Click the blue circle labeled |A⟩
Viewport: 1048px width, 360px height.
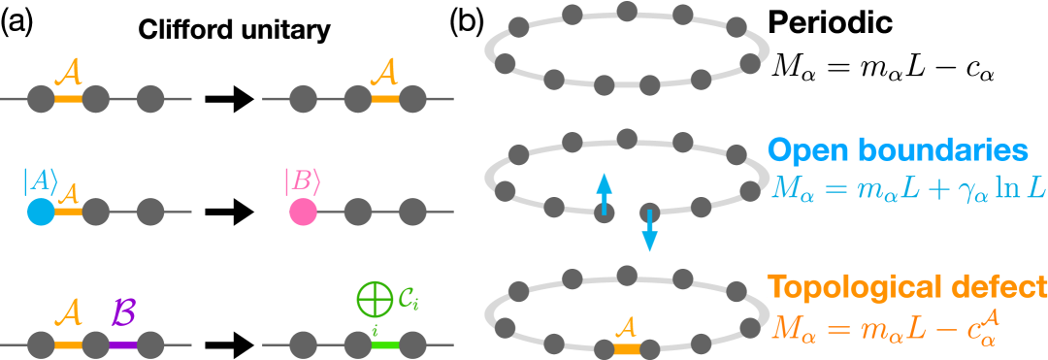[x=40, y=212]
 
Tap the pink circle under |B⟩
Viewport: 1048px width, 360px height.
[x=303, y=212]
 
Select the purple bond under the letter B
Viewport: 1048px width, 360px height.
[x=123, y=344]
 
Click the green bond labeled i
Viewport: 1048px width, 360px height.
[x=386, y=344]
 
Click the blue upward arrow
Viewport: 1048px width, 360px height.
[x=604, y=193]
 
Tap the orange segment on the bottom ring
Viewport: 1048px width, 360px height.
[x=628, y=346]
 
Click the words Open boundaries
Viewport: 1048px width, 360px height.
[x=898, y=151]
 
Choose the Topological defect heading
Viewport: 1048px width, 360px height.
[x=907, y=287]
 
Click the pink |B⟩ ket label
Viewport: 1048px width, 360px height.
[x=301, y=180]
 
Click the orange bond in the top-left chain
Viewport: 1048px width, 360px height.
[x=68, y=99]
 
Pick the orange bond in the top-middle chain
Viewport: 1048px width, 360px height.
[x=386, y=99]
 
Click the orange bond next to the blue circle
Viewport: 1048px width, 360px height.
[x=68, y=211]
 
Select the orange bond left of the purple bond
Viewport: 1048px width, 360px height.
[x=68, y=344]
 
